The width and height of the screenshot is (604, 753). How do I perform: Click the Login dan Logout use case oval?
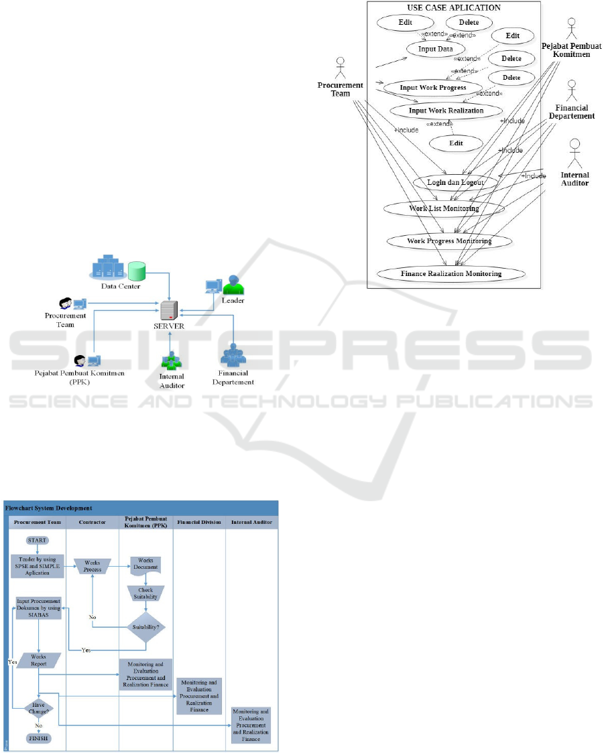point(455,182)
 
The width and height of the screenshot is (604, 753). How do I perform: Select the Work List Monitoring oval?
point(444,208)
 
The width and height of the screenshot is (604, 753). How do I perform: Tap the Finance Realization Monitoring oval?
point(451,273)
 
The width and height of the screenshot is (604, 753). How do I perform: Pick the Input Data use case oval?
point(435,49)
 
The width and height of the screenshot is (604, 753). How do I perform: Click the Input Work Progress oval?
point(432,88)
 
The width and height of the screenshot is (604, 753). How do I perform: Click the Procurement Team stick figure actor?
point(340,67)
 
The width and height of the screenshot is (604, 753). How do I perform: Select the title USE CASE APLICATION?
point(454,7)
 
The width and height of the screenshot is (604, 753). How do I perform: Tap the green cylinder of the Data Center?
point(137,271)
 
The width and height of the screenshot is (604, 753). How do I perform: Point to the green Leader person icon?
point(233,285)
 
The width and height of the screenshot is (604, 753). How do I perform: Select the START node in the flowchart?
point(38,540)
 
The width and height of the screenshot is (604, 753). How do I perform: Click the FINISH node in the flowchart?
point(38,738)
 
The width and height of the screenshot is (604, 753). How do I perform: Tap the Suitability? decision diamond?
point(145,627)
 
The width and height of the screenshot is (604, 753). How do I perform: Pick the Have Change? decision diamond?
point(38,707)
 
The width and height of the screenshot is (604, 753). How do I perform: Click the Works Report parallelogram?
point(38,660)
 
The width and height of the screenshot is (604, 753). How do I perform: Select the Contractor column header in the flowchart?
point(93,521)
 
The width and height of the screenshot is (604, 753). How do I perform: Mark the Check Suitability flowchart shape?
point(145,593)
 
